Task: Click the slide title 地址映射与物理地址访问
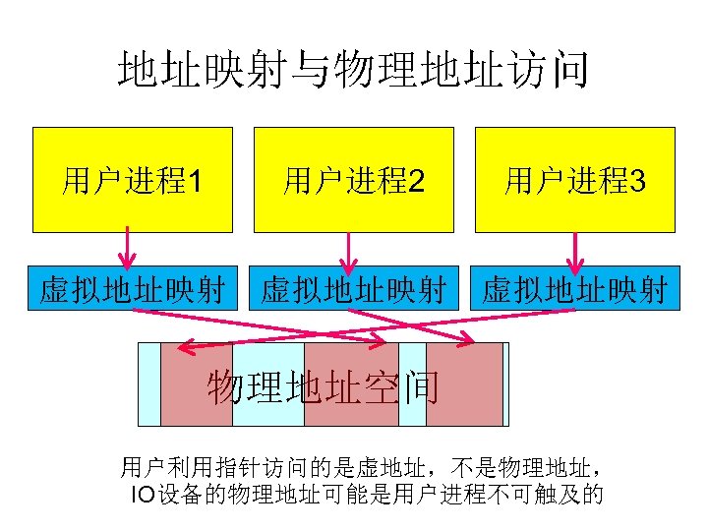[353, 71]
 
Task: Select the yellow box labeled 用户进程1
[133, 180]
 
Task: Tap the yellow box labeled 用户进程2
[354, 180]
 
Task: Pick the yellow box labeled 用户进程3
[575, 180]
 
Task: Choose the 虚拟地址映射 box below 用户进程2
[354, 290]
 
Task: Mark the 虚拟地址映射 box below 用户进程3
[575, 290]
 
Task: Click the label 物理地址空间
[324, 388]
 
